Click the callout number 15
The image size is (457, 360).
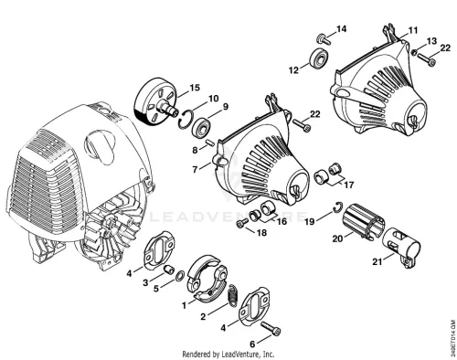click(x=195, y=88)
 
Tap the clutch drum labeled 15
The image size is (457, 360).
click(x=155, y=101)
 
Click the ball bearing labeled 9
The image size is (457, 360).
click(x=198, y=127)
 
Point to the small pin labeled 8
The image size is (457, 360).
click(x=210, y=143)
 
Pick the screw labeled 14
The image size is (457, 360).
click(x=324, y=39)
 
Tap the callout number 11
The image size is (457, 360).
click(x=413, y=30)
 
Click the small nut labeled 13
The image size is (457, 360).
click(x=414, y=52)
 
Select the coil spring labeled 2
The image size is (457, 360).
click(x=234, y=295)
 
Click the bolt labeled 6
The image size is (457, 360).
click(x=271, y=329)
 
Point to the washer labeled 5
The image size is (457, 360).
click(x=180, y=275)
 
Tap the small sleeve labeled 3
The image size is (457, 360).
click(x=168, y=269)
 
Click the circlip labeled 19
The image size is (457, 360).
click(x=337, y=207)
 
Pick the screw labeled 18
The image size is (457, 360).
click(x=243, y=223)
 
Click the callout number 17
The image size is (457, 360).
click(x=348, y=185)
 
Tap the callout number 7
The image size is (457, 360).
click(x=195, y=169)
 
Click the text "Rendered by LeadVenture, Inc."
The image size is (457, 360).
click(x=228, y=355)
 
